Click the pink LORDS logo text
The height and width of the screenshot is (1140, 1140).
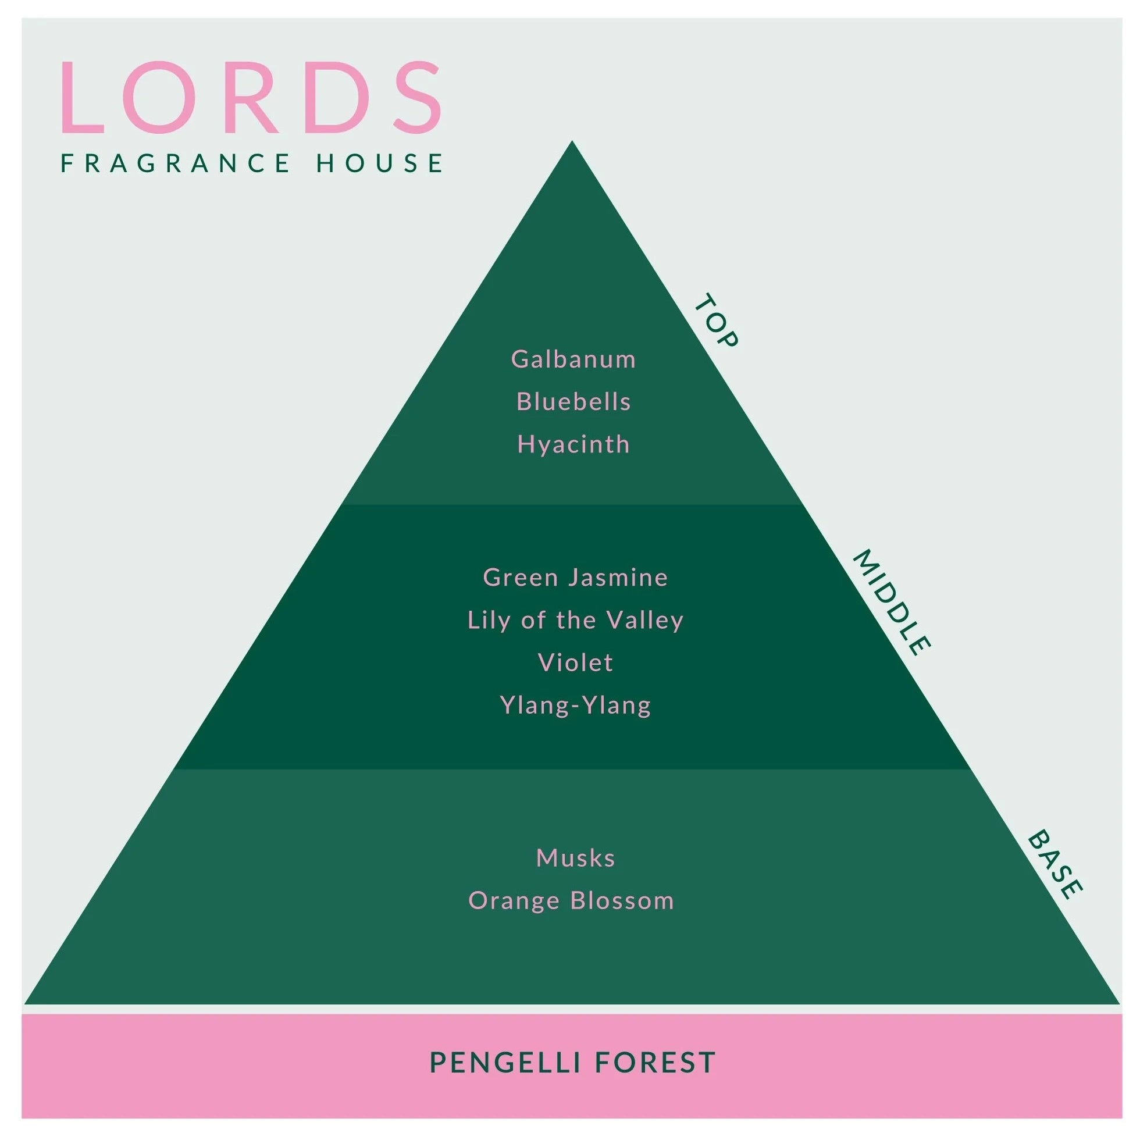coord(251,97)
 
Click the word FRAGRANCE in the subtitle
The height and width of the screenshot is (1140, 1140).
coord(176,163)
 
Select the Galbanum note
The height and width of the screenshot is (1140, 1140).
coord(573,359)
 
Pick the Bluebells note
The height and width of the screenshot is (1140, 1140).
coord(573,401)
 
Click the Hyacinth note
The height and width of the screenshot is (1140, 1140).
coord(573,444)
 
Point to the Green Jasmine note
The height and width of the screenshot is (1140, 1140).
coord(575,577)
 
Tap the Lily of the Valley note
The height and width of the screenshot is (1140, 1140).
coord(575,620)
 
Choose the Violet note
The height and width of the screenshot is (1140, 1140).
coord(575,662)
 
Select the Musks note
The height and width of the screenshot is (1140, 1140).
coord(575,858)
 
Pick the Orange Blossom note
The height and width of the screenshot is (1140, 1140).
coord(571,901)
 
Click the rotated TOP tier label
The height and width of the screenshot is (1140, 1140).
coord(716,321)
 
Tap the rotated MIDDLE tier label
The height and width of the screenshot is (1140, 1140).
coord(891,603)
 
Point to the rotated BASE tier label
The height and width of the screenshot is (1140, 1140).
coord(1055,865)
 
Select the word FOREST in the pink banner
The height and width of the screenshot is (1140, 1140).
coord(655,1063)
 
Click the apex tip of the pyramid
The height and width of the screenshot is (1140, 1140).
coord(572,141)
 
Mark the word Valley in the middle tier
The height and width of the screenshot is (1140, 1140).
coord(645,620)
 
